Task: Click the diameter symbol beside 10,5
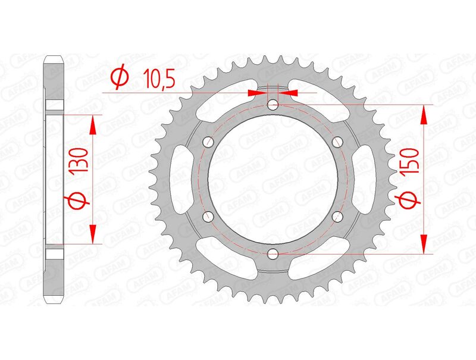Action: pyautogui.click(x=119, y=77)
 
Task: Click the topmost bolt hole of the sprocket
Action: pyautogui.click(x=273, y=105)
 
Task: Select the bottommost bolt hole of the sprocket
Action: pyautogui.click(x=273, y=254)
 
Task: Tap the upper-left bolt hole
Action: pyautogui.click(x=209, y=142)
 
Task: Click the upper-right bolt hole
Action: pyautogui.click(x=337, y=142)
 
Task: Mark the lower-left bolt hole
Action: pyautogui.click(x=209, y=217)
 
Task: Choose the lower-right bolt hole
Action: pyautogui.click(x=337, y=217)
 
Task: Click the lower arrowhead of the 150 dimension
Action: pyautogui.click(x=424, y=245)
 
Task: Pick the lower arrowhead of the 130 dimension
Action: pyautogui.click(x=92, y=234)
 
